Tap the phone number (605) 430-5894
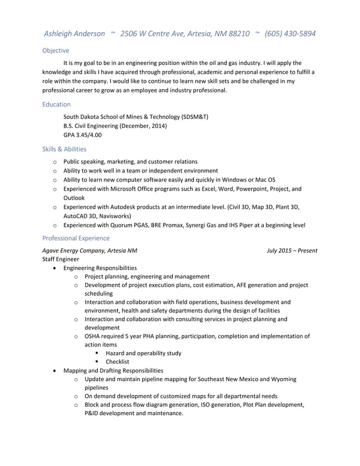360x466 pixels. pyautogui.click(x=290, y=34)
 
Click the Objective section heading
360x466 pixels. pyautogui.click(x=55, y=51)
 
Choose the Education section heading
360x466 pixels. pyautogui.click(x=56, y=104)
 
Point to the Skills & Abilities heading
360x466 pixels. pyautogui.click(x=64, y=149)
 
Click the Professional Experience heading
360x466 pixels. pyautogui.click(x=76, y=238)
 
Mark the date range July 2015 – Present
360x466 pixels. pyautogui.click(x=292, y=250)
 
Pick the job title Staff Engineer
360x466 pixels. pyautogui.click(x=60, y=259)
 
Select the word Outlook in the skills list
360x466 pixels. pyautogui.click(x=74, y=198)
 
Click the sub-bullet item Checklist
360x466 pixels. pyautogui.click(x=117, y=362)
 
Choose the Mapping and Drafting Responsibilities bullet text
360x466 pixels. pyautogui.click(x=113, y=371)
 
